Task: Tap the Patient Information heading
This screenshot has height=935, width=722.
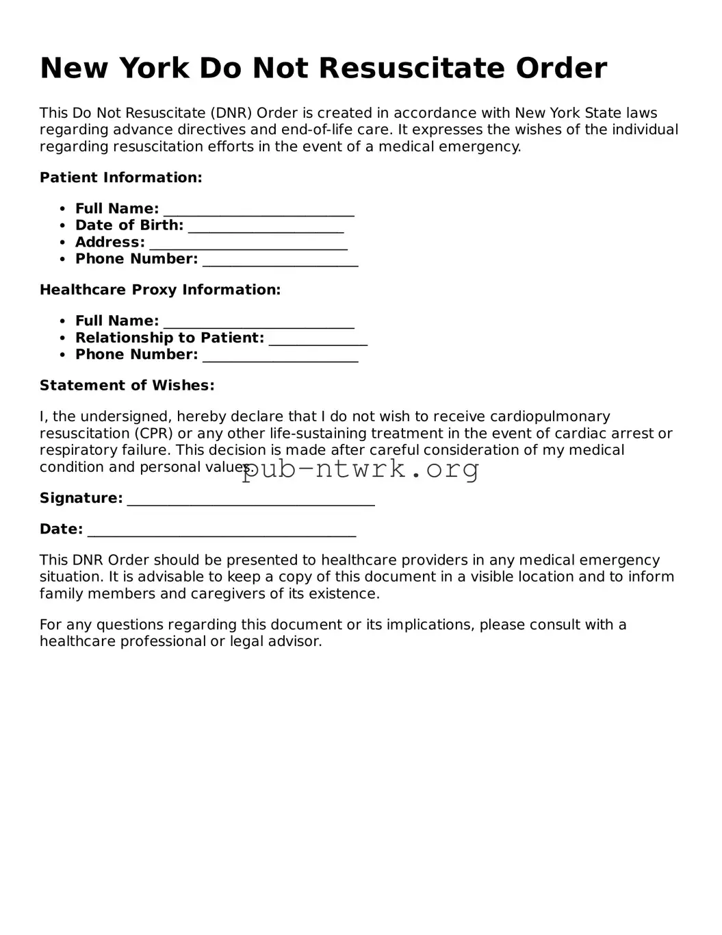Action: point(121,177)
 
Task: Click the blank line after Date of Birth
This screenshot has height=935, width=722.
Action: point(266,226)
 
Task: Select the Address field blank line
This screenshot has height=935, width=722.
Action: point(248,243)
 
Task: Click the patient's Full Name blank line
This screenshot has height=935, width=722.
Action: point(259,210)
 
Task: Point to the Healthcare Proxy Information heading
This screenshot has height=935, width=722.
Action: point(160,290)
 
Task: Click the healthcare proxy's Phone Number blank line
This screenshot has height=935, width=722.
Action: point(281,356)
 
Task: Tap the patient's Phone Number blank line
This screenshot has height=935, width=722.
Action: point(281,260)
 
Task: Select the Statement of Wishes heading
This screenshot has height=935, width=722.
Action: point(127,386)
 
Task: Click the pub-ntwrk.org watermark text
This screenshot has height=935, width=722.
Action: point(361,469)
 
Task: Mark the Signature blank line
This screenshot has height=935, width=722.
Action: point(250,499)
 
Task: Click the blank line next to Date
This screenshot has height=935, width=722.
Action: point(222,530)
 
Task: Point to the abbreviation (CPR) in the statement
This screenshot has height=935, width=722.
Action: point(153,434)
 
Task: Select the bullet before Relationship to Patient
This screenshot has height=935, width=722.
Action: point(62,338)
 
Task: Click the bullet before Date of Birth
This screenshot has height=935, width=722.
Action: point(62,226)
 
